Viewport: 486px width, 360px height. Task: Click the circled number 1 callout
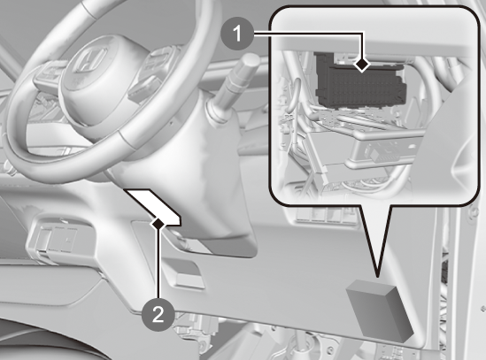(237, 34)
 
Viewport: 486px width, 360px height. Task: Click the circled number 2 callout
(158, 315)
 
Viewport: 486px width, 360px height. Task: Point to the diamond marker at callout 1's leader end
(362, 65)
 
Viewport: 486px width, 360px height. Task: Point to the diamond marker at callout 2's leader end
(158, 223)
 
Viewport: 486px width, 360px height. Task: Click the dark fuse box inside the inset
(360, 81)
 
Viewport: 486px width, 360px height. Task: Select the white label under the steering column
(152, 207)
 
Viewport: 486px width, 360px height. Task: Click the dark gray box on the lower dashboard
(380, 310)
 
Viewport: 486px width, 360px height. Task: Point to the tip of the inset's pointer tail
(378, 276)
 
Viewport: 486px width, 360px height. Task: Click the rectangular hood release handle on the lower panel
(189, 280)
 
